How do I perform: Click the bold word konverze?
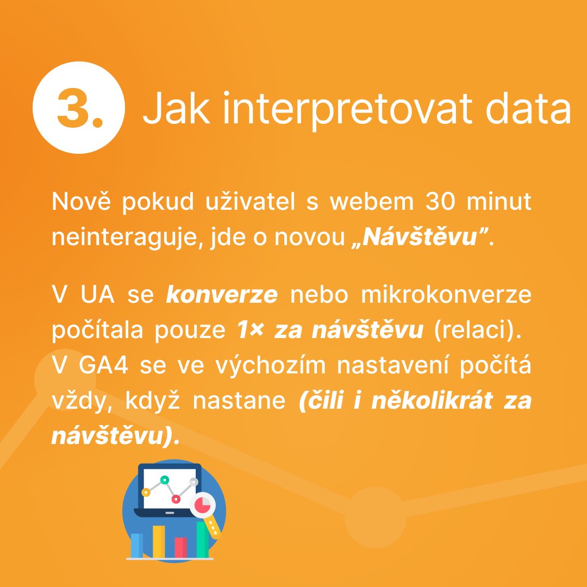tap(222, 295)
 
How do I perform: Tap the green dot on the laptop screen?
tap(164, 480)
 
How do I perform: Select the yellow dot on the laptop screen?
tap(146, 492)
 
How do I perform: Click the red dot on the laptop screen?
tap(176, 498)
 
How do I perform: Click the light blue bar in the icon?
tap(137, 545)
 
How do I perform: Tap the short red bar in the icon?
tap(181, 547)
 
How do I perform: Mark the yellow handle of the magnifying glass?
tap(214, 528)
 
